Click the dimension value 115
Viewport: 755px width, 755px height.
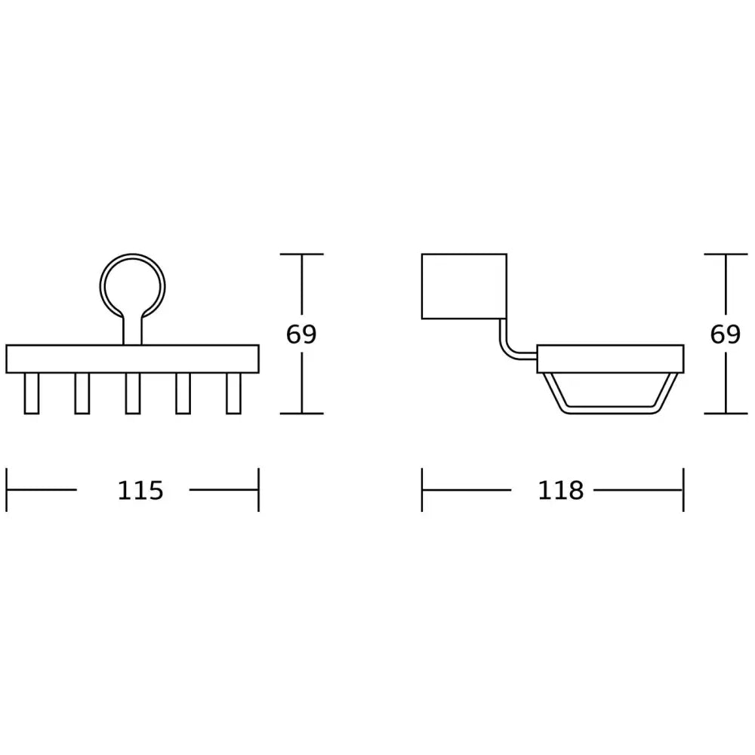(x=140, y=491)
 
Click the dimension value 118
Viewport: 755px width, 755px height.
(x=560, y=491)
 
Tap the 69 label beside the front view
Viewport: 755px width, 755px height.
(x=301, y=334)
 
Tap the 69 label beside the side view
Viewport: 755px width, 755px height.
(x=725, y=334)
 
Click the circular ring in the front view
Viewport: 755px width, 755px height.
(x=132, y=255)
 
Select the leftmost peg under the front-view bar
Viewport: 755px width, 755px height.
(x=31, y=393)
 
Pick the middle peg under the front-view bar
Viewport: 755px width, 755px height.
(x=132, y=393)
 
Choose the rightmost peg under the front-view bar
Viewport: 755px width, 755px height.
(x=233, y=393)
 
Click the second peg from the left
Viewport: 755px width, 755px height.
(x=82, y=393)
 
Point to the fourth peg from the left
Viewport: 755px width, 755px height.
(x=183, y=393)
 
